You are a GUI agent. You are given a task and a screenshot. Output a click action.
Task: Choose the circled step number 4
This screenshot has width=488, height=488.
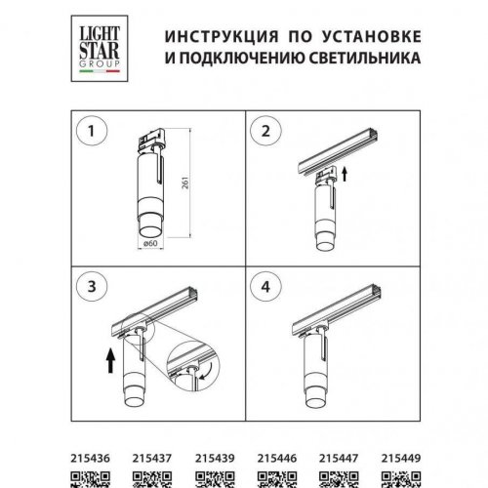(x=267, y=287)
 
